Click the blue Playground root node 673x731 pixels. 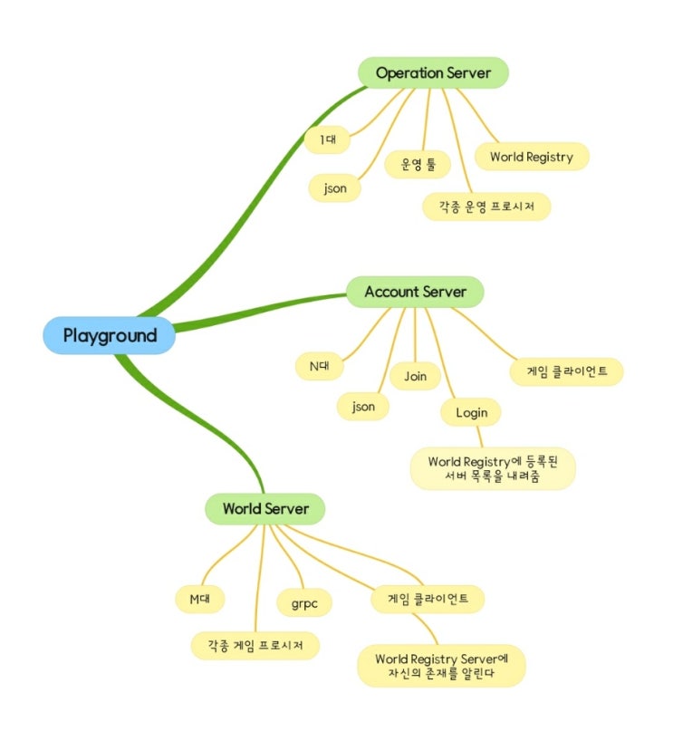(109, 335)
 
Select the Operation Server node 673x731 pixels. (433, 72)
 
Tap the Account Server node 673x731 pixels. (415, 292)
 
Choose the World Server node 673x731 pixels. (265, 509)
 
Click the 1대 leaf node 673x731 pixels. (327, 139)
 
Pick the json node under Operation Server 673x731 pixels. (334, 188)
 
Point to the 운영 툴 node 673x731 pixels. (418, 164)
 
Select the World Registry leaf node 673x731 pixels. (532, 157)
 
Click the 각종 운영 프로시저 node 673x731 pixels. (486, 206)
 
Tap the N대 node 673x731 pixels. (320, 366)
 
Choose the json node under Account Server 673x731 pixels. (363, 407)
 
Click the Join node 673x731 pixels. (415, 376)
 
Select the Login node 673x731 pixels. (471, 412)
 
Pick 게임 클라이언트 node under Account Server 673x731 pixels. (567, 371)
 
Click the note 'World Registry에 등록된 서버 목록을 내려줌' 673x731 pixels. (493, 468)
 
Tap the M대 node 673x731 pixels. (200, 599)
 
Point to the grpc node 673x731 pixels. (304, 602)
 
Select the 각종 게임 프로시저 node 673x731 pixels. (255, 645)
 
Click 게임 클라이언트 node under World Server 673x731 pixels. (428, 599)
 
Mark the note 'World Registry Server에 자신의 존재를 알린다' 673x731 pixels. (441, 666)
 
